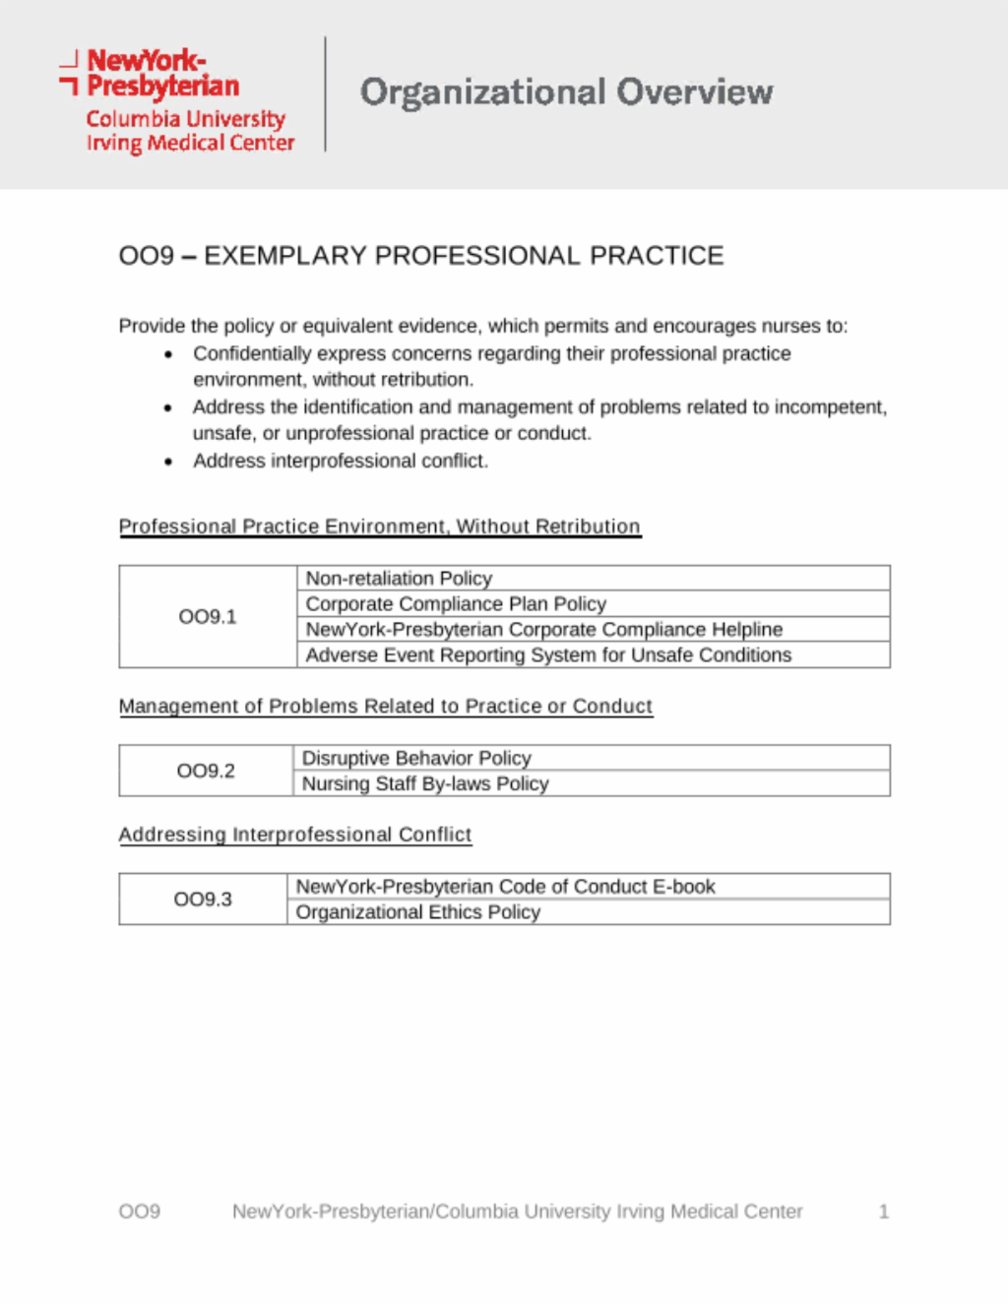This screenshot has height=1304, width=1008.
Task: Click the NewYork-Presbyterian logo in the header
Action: pyautogui.click(x=177, y=100)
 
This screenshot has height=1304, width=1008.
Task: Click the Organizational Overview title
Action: pyautogui.click(x=566, y=93)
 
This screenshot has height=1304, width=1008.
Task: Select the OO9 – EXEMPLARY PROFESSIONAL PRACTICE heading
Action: pyautogui.click(x=421, y=256)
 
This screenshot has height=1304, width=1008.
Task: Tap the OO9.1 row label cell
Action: pyautogui.click(x=208, y=617)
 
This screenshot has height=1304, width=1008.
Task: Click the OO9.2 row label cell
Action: pyautogui.click(x=206, y=771)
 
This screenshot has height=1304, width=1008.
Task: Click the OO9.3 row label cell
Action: pyautogui.click(x=203, y=900)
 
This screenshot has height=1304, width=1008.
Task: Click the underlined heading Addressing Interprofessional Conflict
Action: pyautogui.click(x=295, y=835)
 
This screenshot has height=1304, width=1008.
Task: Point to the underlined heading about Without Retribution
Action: pyautogui.click(x=380, y=527)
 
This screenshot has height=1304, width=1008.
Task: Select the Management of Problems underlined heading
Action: pyautogui.click(x=386, y=707)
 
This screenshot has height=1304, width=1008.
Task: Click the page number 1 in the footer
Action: pyautogui.click(x=884, y=1211)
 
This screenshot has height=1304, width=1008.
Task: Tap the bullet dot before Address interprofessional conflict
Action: pyautogui.click(x=169, y=462)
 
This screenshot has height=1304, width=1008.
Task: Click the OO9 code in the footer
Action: pyautogui.click(x=140, y=1211)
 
